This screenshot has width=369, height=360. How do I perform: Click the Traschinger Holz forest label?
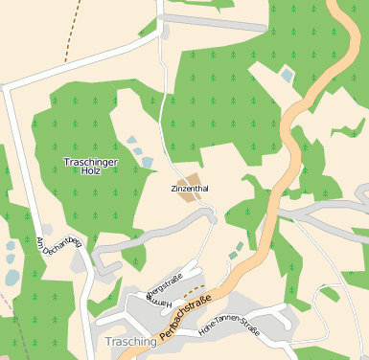91,166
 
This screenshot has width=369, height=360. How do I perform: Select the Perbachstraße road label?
185,317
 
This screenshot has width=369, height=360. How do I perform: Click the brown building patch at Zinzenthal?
189,178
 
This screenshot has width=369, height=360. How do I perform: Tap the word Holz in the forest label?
91,171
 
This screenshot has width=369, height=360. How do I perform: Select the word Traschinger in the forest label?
91,161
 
